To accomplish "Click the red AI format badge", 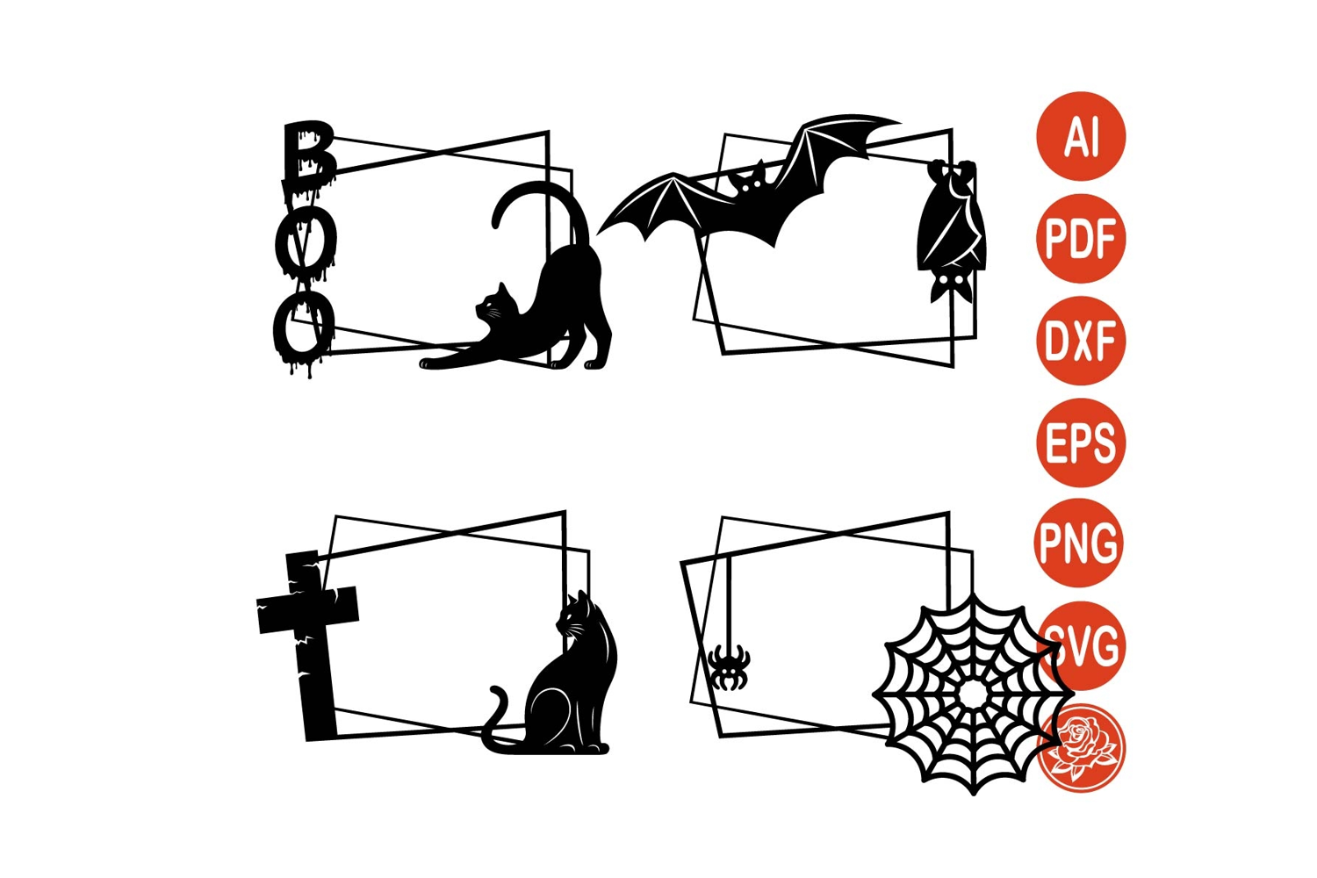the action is pyautogui.click(x=1081, y=136).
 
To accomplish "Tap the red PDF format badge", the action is pyautogui.click(x=1081, y=239).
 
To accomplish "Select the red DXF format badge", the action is pyautogui.click(x=1081, y=341).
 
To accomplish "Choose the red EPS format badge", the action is pyautogui.click(x=1081, y=443).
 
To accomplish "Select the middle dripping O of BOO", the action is pyautogui.click(x=306, y=242).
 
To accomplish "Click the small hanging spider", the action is pyautogui.click(x=729, y=666).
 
